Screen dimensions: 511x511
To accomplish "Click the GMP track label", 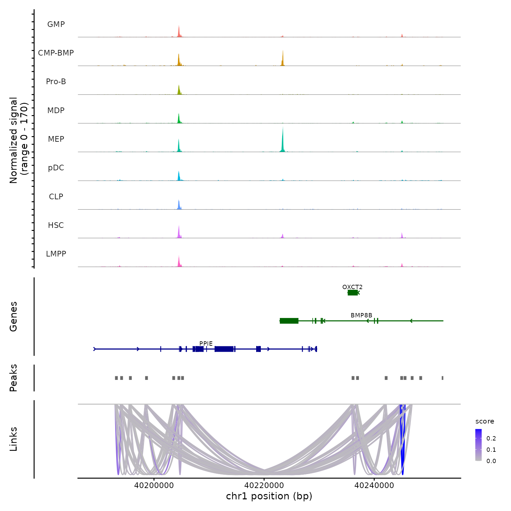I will [x=56, y=24].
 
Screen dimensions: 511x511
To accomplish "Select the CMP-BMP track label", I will [x=56, y=53].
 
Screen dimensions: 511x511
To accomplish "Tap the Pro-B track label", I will [x=56, y=82].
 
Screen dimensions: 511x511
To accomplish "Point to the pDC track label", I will [x=56, y=168].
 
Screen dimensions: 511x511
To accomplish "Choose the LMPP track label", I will [x=56, y=254].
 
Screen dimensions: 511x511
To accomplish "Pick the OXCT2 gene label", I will [x=352, y=287].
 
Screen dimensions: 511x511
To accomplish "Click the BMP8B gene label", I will [x=361, y=315].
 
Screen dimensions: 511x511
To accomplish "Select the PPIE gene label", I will [x=206, y=344].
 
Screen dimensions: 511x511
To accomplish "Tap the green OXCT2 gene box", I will [x=353, y=292].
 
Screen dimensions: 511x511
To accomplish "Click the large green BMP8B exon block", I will [x=289, y=321].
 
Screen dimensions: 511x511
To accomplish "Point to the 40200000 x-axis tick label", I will [x=154, y=485].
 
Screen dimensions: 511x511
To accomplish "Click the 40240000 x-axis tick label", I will [x=374, y=485].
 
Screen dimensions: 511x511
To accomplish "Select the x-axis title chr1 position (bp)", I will [x=269, y=496].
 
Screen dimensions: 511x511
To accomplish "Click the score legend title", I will [x=485, y=422].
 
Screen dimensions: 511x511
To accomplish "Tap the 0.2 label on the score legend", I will [x=491, y=438].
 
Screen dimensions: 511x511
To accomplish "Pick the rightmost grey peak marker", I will [x=442, y=378].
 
